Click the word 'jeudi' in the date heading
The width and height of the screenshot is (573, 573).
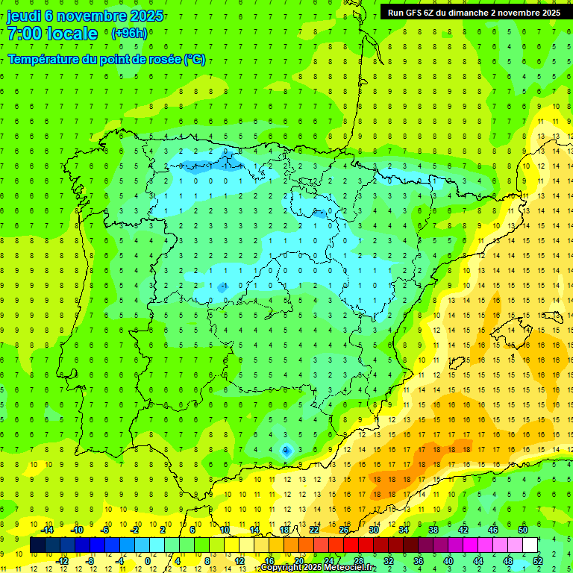coord(24,16)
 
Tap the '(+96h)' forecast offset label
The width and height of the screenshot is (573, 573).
coord(129,34)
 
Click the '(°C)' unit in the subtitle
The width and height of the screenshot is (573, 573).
coord(195,60)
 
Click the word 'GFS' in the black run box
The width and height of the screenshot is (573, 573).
coord(418,12)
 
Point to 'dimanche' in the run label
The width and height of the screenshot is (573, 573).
coord(466,12)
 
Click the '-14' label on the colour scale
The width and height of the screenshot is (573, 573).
coord(47,530)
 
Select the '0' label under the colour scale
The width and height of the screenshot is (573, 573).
coord(148,561)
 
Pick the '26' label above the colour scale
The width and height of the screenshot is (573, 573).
coord(344,530)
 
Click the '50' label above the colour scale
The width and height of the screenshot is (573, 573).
coord(524,530)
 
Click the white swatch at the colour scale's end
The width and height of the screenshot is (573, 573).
coord(530,545)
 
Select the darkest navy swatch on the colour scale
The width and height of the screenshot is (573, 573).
coord(37,545)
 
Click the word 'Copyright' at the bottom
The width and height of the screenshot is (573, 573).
coord(283,568)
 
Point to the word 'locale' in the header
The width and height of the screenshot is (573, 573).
coord(71,34)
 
